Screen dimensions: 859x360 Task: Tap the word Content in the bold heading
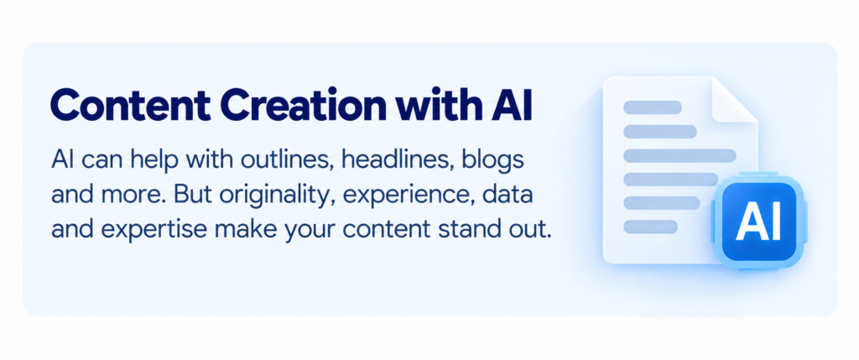click(x=129, y=107)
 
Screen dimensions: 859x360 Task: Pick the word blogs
click(x=493, y=163)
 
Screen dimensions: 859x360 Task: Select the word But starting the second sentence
click(x=185, y=195)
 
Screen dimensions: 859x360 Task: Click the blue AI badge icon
click(x=758, y=222)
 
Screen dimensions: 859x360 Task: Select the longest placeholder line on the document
click(x=679, y=155)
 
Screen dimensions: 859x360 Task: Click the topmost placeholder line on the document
click(x=653, y=107)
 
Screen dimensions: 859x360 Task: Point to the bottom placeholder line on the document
click(x=651, y=227)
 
